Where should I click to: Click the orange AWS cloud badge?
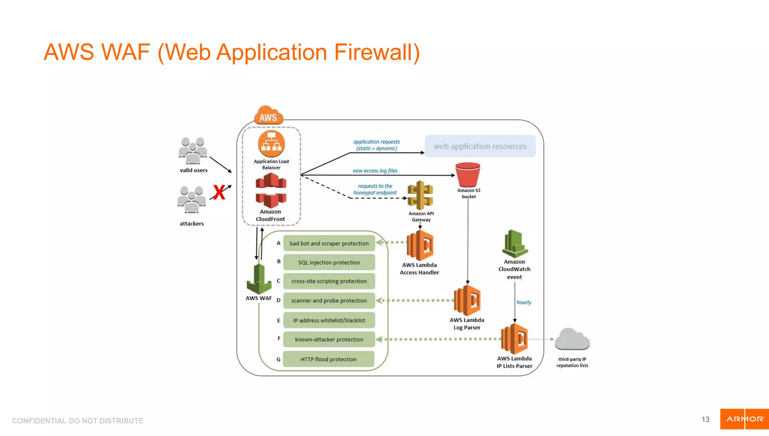[268, 116]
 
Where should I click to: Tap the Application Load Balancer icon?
[271, 144]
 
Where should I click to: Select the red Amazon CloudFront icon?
[271, 190]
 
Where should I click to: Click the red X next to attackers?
[219, 192]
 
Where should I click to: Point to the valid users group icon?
[193, 151]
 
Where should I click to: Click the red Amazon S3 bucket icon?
[467, 175]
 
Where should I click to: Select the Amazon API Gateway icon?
[420, 195]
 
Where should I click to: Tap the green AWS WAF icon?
[259, 279]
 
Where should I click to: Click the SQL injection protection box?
[329, 262]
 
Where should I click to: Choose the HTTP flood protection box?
[329, 359]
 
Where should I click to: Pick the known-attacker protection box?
[329, 339]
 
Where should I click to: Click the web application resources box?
[480, 146]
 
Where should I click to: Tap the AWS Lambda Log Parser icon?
[467, 300]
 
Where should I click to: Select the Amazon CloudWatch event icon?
[515, 244]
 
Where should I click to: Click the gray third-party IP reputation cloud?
[572, 339]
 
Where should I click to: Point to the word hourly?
[523, 302]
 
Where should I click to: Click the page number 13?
[705, 419]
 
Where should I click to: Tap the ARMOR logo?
[744, 419]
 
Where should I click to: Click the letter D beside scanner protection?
[279, 300]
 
